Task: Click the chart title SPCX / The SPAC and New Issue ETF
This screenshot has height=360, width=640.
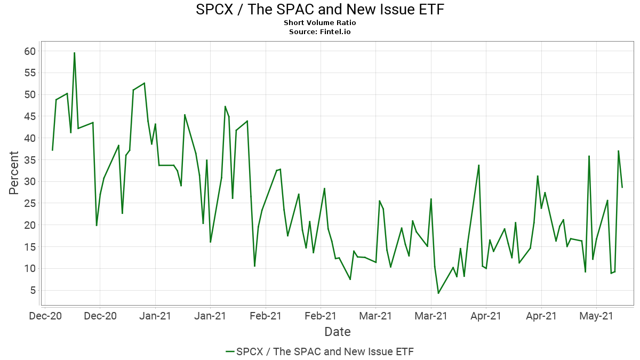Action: (320, 10)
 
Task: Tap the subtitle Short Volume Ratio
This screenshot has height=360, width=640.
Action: (320, 23)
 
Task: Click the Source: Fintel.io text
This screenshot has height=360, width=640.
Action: (320, 32)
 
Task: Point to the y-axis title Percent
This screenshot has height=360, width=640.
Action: (14, 173)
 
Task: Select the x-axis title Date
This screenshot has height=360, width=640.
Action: (338, 332)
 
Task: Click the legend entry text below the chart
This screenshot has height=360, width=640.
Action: (325, 351)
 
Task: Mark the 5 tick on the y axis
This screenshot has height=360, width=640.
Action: (32, 290)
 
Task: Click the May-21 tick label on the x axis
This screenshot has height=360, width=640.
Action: (596, 316)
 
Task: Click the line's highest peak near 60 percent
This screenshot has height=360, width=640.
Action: (74, 53)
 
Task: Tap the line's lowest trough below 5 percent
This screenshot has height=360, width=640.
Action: (438, 293)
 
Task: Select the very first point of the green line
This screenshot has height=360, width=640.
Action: (52, 150)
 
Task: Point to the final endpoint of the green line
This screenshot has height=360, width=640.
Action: (622, 187)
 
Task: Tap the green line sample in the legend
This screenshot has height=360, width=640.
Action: (230, 351)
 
